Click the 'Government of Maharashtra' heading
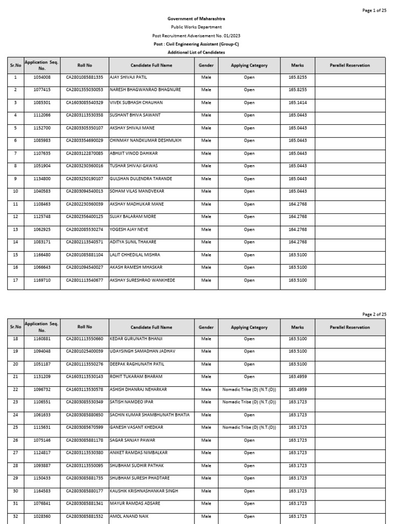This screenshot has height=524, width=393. click(x=196, y=19)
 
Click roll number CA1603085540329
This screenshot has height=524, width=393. click(x=84, y=103)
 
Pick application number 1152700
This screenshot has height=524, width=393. click(x=42, y=128)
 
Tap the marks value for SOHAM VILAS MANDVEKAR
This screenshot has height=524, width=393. click(x=297, y=191)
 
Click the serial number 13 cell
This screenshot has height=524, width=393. click(x=15, y=229)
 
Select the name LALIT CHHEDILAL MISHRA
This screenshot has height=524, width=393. click(x=135, y=255)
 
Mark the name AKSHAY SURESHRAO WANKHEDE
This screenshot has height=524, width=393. click(x=142, y=280)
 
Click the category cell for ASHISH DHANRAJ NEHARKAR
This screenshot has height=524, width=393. click(x=249, y=389)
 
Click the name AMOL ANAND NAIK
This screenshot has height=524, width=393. click(x=128, y=516)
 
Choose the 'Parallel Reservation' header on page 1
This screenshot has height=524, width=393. click(x=350, y=65)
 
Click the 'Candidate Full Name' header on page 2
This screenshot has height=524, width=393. click(x=151, y=327)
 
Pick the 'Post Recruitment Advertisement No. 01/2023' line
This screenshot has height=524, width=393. click(x=196, y=36)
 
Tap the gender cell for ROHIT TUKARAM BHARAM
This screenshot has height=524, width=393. click(x=206, y=377)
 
